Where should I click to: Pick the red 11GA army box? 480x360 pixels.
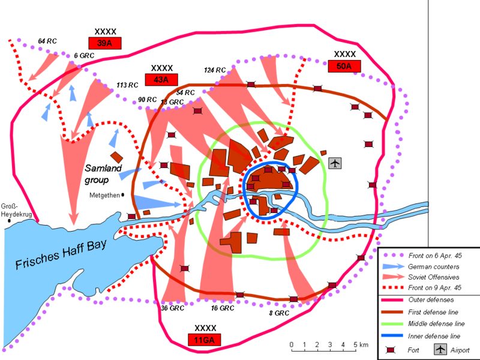click(x=205, y=340)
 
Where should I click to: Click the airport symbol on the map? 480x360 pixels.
click(x=335, y=163)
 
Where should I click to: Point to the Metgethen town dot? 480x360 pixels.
click(x=123, y=194)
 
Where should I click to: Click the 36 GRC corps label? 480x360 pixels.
click(x=172, y=308)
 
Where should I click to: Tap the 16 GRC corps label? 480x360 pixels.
click(x=223, y=308)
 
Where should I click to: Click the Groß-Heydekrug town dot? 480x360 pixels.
click(x=9, y=221)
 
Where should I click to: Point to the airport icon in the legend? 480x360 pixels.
click(x=440, y=350)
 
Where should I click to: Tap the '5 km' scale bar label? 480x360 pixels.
click(x=360, y=344)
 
